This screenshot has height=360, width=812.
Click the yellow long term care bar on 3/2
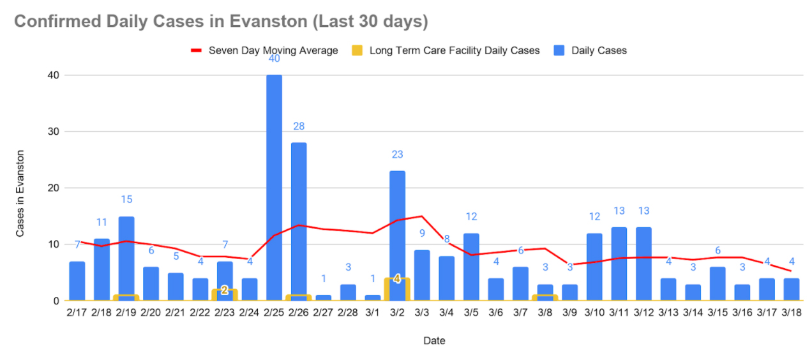(x=397, y=289)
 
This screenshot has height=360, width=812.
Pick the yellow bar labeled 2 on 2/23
(x=225, y=294)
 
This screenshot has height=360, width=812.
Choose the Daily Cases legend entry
(x=599, y=50)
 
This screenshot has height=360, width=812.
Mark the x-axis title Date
(x=434, y=340)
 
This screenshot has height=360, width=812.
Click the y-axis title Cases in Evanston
(x=20, y=193)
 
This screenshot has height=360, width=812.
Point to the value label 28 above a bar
(x=299, y=126)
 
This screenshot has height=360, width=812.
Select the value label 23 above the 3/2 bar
(x=397, y=154)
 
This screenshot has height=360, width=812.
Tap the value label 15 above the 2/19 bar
(x=126, y=199)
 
